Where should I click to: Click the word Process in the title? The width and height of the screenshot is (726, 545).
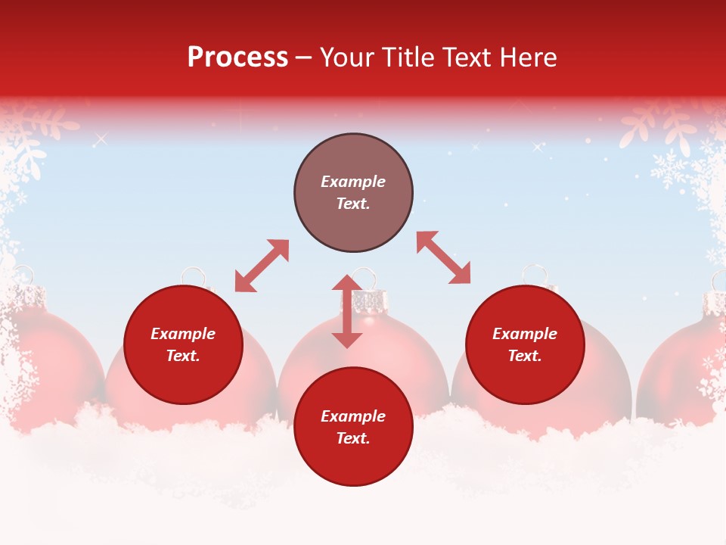(x=237, y=58)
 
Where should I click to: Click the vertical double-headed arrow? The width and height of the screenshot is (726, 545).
(x=347, y=311)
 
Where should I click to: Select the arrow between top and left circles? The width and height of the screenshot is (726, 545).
(x=262, y=266)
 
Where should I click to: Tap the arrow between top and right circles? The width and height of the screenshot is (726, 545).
(x=443, y=257)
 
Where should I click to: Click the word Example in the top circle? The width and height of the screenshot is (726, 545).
(x=353, y=182)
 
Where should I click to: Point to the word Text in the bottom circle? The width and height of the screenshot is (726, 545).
(x=353, y=438)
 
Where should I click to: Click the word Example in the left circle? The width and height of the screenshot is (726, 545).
(x=183, y=334)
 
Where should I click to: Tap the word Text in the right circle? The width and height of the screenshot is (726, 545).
(x=525, y=356)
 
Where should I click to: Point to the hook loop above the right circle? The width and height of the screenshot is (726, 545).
(x=535, y=272)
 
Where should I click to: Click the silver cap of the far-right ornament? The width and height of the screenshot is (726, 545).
(x=714, y=303)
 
